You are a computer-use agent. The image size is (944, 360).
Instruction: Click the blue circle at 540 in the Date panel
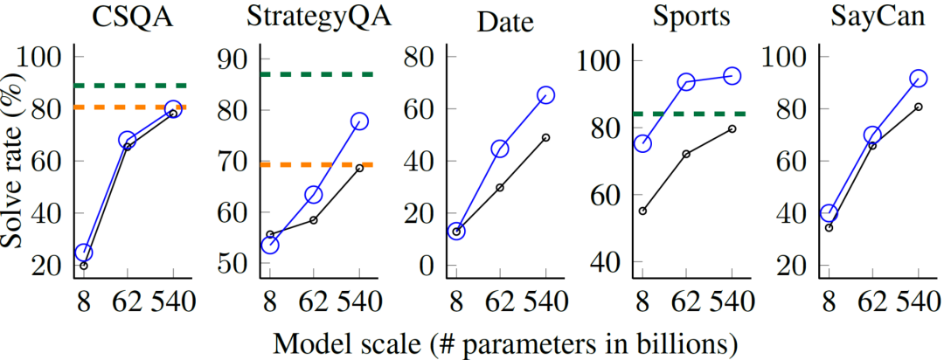coord(546,95)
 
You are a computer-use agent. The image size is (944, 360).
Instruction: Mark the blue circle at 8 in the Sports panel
coord(642,143)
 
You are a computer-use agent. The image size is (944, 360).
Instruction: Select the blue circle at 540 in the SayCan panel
coord(919,79)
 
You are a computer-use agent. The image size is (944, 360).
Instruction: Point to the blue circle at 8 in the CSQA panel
coord(84,253)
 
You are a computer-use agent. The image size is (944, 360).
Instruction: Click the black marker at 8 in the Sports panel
coord(642,211)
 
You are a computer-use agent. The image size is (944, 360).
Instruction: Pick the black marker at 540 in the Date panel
coord(546,137)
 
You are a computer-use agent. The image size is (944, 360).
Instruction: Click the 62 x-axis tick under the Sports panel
coord(686,304)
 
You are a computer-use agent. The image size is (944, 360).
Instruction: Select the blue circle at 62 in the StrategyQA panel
coord(314,194)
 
